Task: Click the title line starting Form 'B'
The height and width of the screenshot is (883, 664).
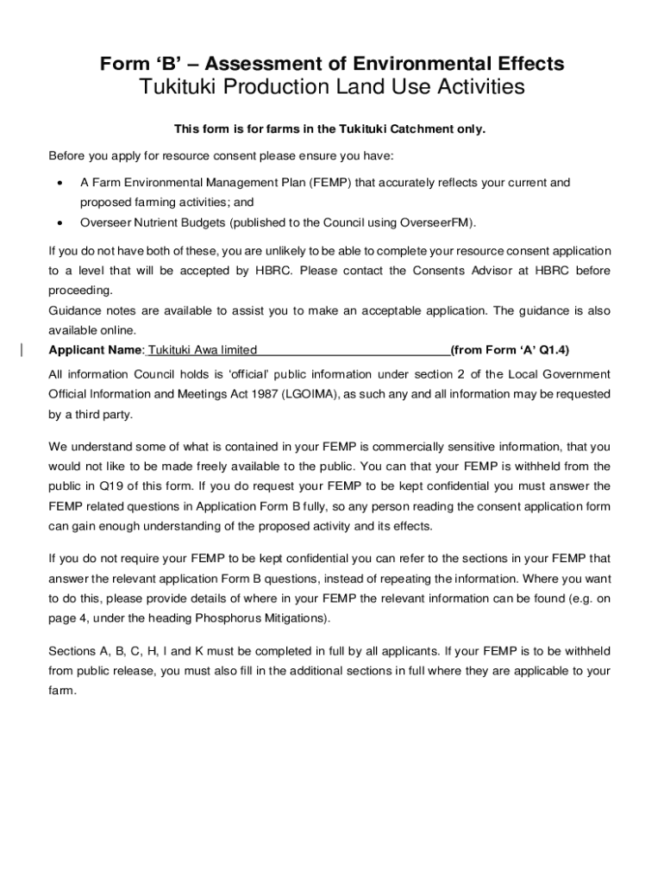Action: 332,64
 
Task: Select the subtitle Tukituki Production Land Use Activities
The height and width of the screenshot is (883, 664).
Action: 332,88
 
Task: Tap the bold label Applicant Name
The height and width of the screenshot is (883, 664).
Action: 95,350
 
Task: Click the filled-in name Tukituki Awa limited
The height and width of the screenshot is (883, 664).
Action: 203,350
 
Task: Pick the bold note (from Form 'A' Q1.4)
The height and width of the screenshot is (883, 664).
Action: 509,350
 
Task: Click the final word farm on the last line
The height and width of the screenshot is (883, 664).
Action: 61,690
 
